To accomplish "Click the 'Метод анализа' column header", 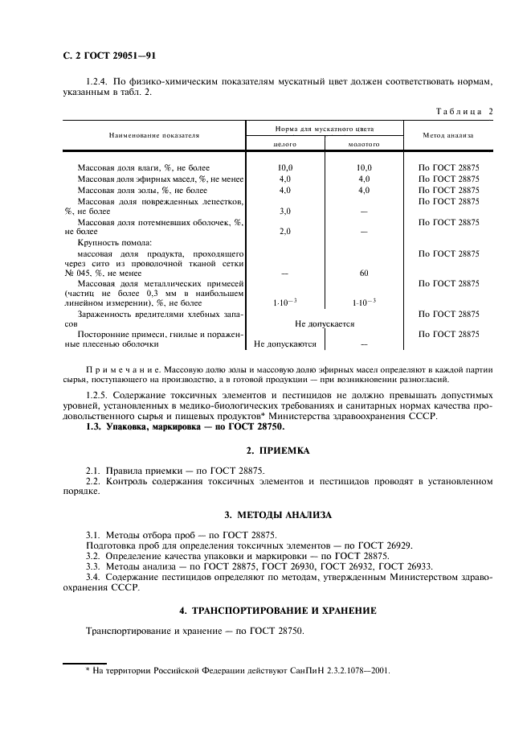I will [x=447, y=136].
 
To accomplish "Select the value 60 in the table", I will [x=364, y=273].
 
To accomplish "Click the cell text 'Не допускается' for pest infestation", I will [x=325, y=323].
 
